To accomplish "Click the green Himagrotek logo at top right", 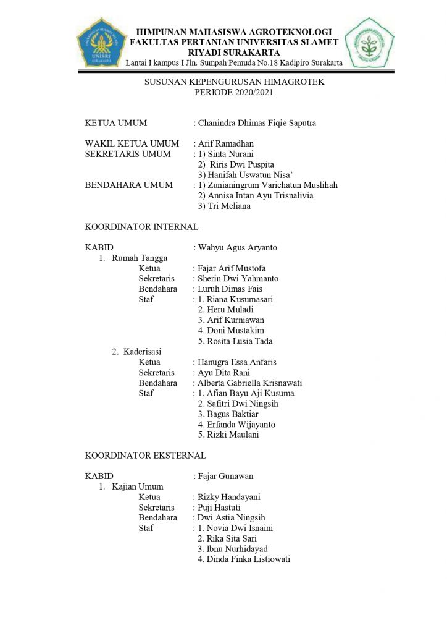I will tap(369, 43).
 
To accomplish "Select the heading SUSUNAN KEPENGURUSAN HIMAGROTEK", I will tap(234, 82).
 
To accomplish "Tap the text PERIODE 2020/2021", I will tap(234, 92).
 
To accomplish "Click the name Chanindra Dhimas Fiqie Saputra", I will tap(257, 123).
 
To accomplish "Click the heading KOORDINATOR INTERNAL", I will tap(141, 227).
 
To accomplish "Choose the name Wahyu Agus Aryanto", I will tap(237, 248).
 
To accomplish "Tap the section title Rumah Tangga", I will tap(140, 258).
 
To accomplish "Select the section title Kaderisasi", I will tap(143, 352).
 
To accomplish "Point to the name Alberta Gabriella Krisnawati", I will tap(249, 383).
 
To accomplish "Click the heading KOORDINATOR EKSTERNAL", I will tap(145, 456).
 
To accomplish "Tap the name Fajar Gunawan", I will tap(225, 477).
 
